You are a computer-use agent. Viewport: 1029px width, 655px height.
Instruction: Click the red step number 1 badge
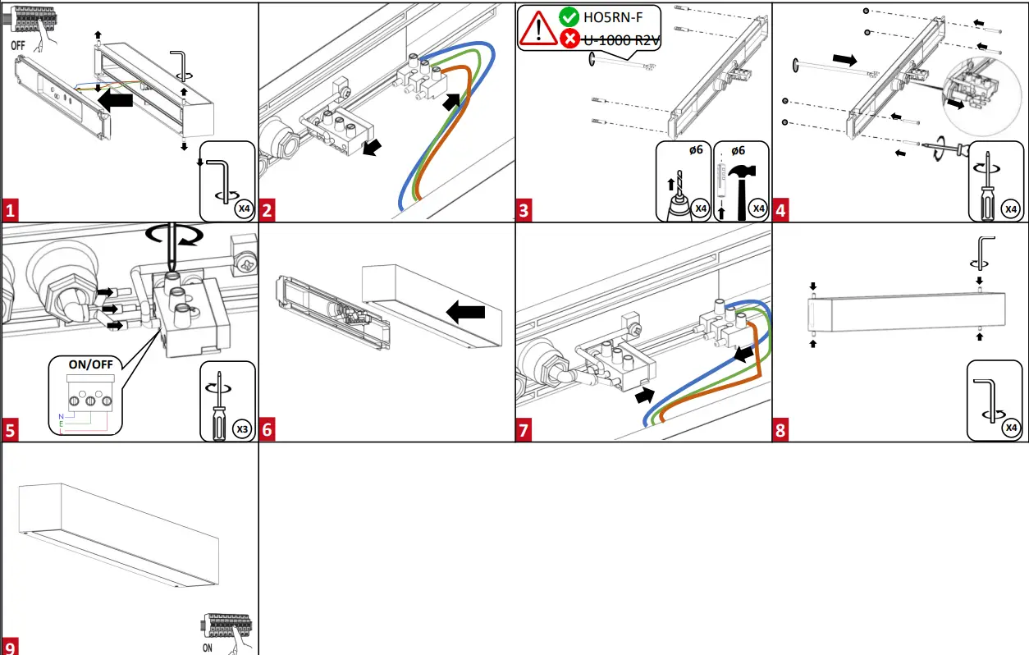point(10,211)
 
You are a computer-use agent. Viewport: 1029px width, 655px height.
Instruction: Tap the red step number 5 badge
point(10,430)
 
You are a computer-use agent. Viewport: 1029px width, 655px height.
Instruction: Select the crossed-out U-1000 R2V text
point(621,38)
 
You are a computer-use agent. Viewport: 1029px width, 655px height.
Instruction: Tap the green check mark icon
point(569,16)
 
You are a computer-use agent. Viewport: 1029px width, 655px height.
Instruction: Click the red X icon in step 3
point(569,38)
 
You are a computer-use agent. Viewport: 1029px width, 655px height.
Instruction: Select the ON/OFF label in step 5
point(91,365)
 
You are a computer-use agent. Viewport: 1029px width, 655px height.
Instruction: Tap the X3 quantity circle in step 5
point(241,428)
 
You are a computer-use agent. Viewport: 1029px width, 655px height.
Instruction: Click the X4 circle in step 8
point(1012,427)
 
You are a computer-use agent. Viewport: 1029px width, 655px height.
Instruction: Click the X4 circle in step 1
point(243,208)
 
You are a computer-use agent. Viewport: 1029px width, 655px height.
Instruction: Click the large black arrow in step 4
point(849,59)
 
